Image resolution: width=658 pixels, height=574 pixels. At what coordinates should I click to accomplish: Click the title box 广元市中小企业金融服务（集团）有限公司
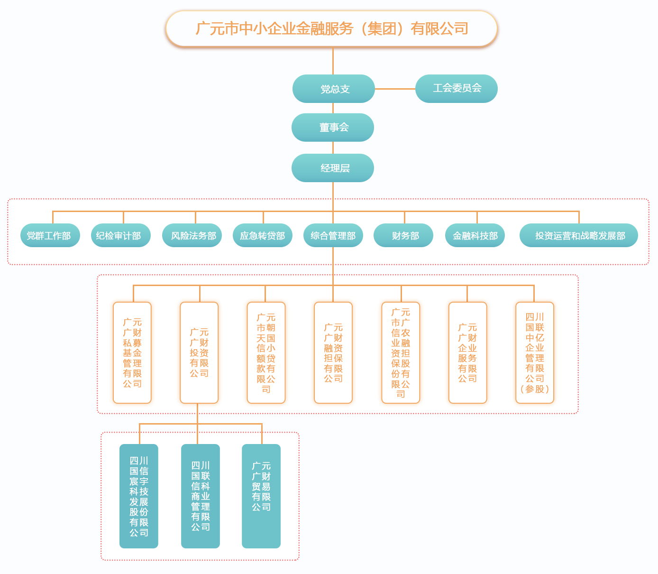point(331,28)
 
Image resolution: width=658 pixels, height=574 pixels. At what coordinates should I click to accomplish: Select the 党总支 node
point(334,89)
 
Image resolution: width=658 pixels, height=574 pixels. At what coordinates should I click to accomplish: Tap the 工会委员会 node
point(456,88)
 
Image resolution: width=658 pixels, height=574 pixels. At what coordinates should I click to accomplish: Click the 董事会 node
point(333,127)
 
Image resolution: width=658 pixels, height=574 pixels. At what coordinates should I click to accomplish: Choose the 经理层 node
point(333,168)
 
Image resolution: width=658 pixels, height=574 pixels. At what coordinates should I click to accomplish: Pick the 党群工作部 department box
point(50,235)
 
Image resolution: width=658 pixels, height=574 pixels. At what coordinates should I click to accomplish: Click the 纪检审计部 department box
point(120,235)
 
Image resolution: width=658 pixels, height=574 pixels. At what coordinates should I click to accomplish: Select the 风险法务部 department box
point(192,235)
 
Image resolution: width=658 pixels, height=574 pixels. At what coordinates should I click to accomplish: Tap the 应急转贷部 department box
point(263,235)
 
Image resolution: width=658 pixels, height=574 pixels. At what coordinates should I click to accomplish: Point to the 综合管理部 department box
point(333,235)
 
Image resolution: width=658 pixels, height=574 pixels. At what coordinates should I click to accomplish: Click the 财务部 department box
point(403,235)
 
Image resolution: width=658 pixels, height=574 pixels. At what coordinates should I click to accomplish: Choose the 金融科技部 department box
point(475,235)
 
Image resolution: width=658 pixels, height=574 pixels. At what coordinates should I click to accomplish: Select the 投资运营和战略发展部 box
point(578,235)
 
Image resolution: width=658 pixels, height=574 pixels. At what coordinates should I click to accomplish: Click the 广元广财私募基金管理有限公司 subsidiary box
point(132,352)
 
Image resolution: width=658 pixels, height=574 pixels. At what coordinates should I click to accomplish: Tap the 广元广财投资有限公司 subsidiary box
point(199,352)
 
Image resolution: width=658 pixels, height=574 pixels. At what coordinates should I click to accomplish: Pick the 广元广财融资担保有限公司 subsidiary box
point(333,352)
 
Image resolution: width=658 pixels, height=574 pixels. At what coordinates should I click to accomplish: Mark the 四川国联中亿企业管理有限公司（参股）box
point(535,352)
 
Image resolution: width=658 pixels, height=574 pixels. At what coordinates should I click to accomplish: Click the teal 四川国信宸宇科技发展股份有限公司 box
point(139,496)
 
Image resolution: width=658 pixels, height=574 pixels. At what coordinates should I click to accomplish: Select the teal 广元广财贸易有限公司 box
point(261,496)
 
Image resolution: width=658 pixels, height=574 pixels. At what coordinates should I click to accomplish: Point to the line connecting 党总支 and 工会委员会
point(395,89)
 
